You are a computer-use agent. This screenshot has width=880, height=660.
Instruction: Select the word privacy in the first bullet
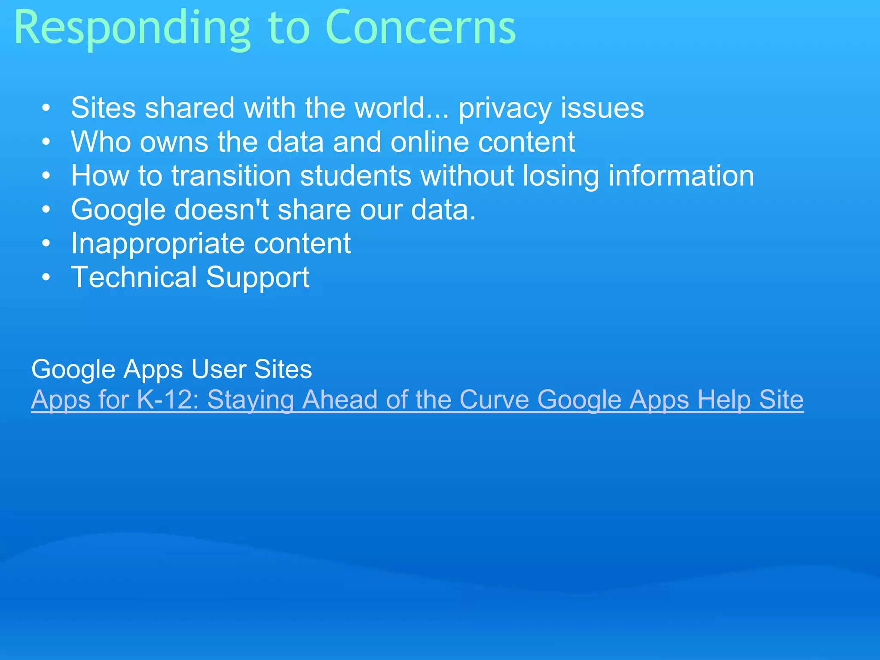click(x=505, y=108)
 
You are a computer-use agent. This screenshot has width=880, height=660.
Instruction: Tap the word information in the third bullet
click(x=681, y=176)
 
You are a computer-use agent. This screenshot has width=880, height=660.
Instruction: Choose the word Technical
click(x=134, y=277)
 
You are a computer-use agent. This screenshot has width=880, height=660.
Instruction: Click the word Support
click(x=258, y=278)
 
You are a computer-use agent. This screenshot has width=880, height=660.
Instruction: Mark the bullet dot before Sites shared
click(x=46, y=108)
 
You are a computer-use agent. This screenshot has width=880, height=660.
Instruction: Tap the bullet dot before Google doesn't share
click(x=46, y=210)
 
